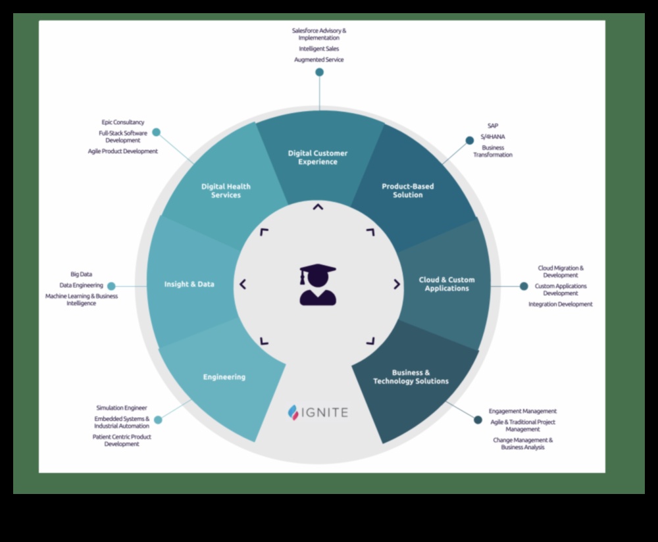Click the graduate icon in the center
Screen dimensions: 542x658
point(318,285)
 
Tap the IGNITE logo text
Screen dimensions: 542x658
point(326,412)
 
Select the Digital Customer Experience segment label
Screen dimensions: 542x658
point(318,157)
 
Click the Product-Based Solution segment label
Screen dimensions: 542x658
point(408,191)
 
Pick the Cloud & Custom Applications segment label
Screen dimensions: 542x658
point(447,284)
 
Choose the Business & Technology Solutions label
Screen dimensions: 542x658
point(411,377)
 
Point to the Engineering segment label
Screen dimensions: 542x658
point(224,377)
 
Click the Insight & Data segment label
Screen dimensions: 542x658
point(189,284)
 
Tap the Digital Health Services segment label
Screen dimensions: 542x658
point(226,191)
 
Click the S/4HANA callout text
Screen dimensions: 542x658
point(493,137)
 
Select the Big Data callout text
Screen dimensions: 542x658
point(82,274)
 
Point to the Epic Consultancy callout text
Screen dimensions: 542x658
point(123,122)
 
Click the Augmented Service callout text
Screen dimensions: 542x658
point(319,60)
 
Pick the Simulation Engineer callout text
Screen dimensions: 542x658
point(122,408)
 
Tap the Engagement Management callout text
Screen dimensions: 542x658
point(522,411)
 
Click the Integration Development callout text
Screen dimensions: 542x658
point(561,305)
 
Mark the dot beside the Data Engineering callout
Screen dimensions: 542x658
point(111,286)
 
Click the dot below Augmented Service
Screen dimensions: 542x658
point(319,72)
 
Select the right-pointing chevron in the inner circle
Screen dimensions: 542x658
point(397,284)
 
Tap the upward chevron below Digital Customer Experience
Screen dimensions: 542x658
point(318,207)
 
